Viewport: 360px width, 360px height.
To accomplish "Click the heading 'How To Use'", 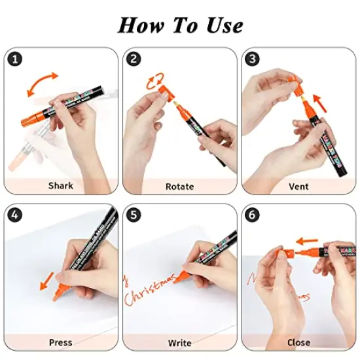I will coord(180,25).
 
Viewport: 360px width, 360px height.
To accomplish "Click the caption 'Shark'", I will coord(60,186).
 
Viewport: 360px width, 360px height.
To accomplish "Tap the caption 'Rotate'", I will coord(179,187).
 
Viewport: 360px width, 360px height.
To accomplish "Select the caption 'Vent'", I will coord(298,187).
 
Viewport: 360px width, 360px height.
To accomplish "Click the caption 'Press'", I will coord(60,342).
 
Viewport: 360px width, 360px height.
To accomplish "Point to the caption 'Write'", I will coord(179,343).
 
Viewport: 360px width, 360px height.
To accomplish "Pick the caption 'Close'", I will coord(298,342).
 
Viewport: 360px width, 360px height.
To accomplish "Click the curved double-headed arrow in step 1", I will coord(46,85).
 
